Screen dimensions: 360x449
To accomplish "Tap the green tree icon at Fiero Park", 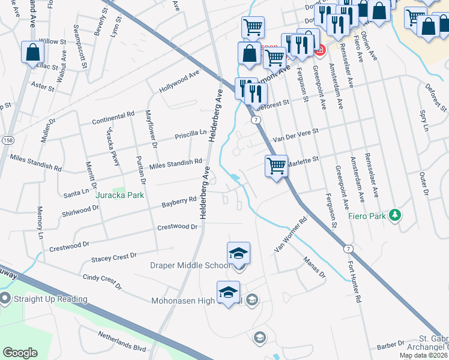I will click(394, 215).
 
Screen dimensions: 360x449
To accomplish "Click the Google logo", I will click(20, 353).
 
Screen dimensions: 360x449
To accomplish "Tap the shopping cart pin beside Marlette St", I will click(276, 166).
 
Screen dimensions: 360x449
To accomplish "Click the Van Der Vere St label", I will click(295, 135).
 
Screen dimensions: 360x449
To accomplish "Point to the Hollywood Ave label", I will click(179, 82).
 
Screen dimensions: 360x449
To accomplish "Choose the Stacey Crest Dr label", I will click(114, 257).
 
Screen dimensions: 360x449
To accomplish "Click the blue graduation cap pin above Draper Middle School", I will click(238, 254).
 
